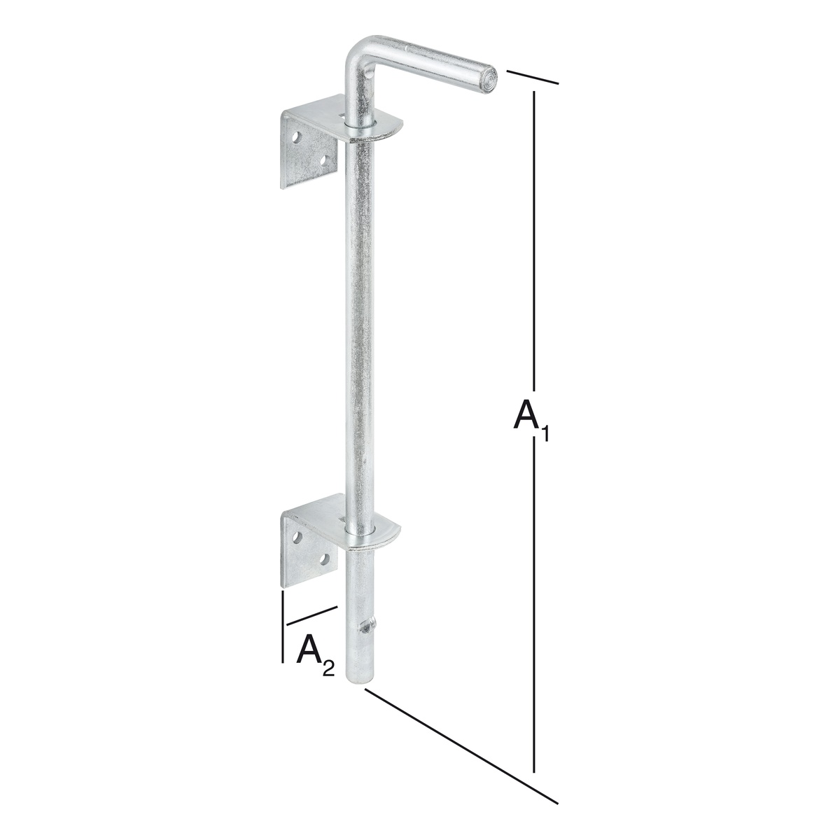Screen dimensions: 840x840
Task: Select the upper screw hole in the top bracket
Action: pyautogui.click(x=298, y=139)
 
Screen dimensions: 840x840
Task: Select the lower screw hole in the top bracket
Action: pyautogui.click(x=324, y=160)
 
